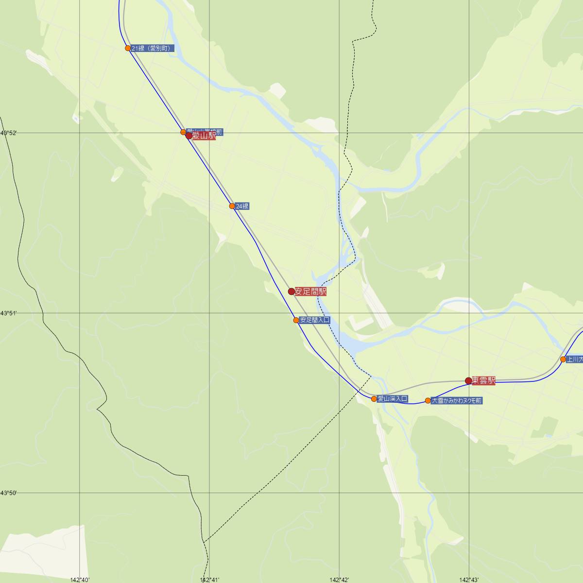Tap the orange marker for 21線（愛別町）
point(128,48)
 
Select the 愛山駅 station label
point(204,136)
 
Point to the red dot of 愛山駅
point(189,136)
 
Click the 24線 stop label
point(242,206)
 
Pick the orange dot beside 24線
point(232,206)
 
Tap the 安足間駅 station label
point(310,291)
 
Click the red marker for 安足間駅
point(291,291)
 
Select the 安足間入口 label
point(315,320)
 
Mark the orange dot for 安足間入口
point(296,320)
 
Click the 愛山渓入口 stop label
point(393,399)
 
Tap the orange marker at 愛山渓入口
point(374,399)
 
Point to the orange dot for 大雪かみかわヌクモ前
point(428,401)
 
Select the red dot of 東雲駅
point(468,381)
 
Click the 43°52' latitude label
point(8,133)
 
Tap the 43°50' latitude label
point(8,493)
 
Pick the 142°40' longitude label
point(80,580)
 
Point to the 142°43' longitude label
point(469,580)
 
